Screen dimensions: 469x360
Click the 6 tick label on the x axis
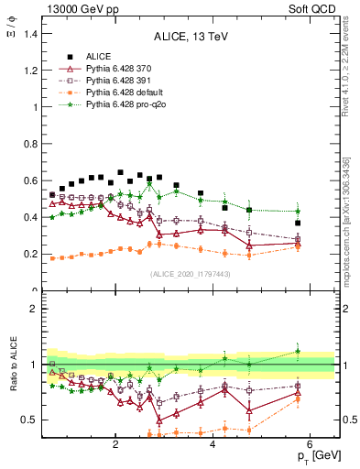(310, 444)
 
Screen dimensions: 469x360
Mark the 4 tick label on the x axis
(213, 444)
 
